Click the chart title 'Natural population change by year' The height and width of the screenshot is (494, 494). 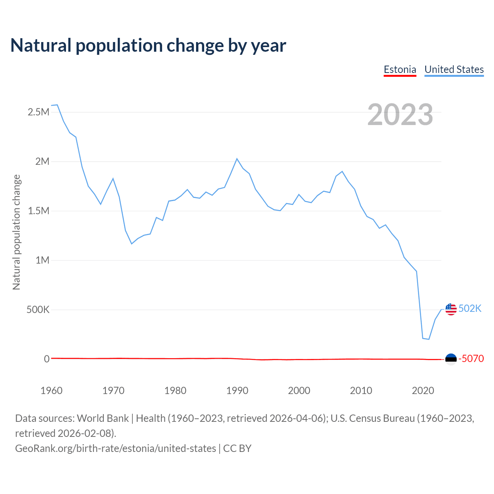click(148, 46)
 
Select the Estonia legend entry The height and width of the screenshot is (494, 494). click(400, 69)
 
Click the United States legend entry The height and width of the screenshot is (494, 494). click(454, 69)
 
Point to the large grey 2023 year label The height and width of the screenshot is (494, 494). click(400, 115)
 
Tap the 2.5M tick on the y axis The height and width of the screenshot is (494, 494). click(39, 112)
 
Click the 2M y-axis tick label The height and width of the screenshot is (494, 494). click(42, 161)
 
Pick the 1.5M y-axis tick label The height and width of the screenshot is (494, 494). click(39, 211)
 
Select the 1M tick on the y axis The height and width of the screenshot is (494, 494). click(42, 260)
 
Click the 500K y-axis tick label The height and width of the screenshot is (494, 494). click(38, 310)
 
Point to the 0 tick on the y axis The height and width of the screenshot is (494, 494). click(47, 359)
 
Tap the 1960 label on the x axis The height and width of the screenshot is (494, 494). click(51, 391)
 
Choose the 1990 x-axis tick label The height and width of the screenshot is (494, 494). click(237, 391)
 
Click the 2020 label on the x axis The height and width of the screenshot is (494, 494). click(423, 391)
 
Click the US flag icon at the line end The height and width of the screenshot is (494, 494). click(451, 309)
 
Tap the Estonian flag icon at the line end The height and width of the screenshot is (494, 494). click(451, 359)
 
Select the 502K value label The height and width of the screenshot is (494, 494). click(470, 309)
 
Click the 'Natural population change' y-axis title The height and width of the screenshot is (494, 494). click(16, 232)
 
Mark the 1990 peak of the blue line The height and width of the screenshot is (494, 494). click(237, 159)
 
